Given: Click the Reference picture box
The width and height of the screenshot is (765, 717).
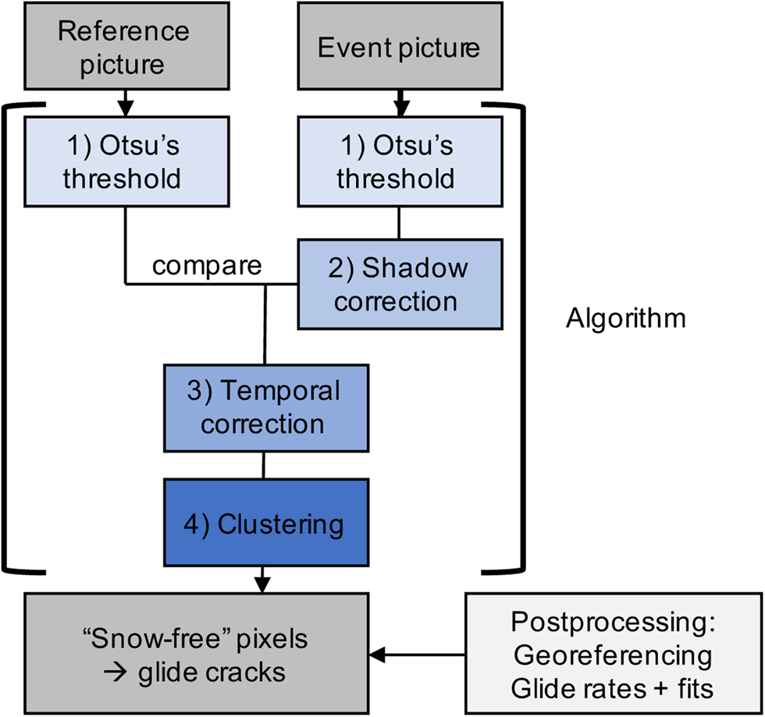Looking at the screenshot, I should pyautogui.click(x=124, y=47).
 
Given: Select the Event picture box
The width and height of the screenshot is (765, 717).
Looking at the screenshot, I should pyautogui.click(x=399, y=47).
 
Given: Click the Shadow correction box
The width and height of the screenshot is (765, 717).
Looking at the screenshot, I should pyautogui.click(x=399, y=284).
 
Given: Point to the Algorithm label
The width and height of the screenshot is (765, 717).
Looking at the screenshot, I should pyautogui.click(x=625, y=318).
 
